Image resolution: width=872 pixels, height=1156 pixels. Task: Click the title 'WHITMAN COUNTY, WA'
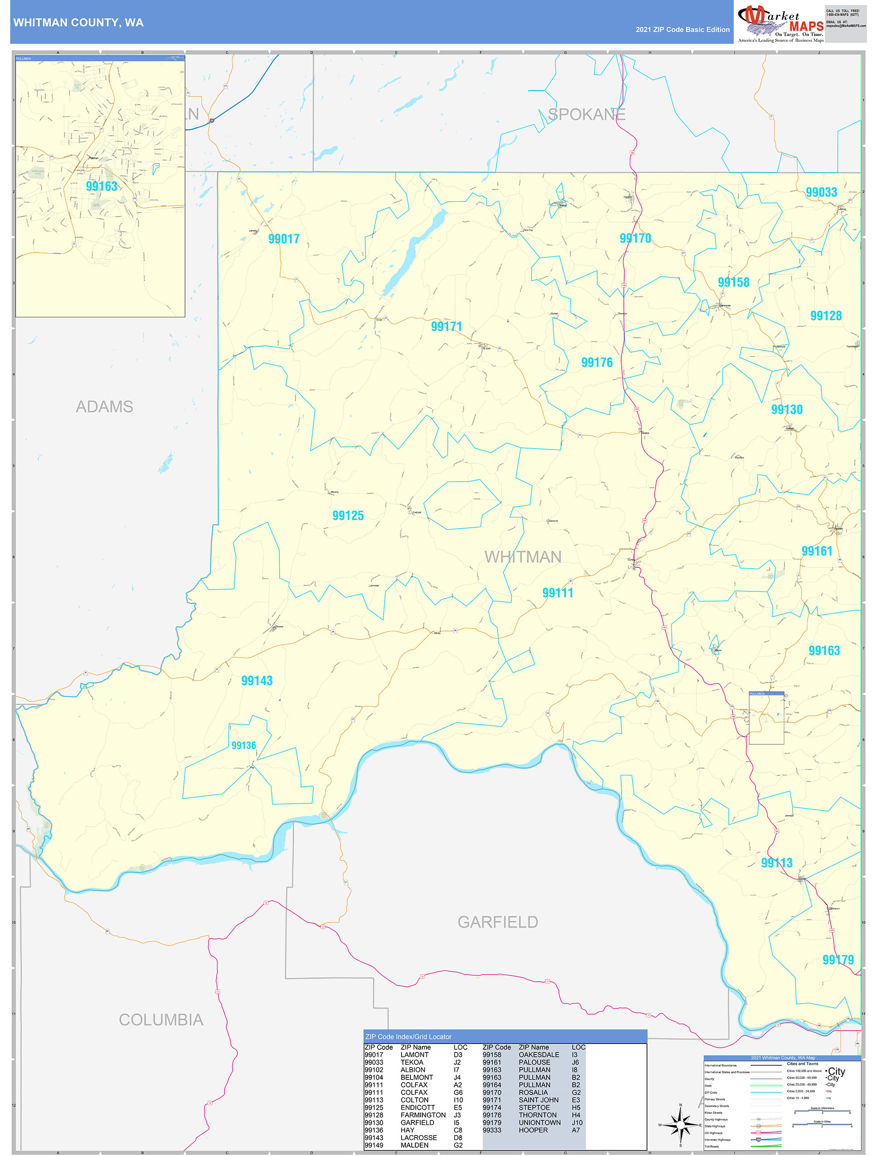[78, 23]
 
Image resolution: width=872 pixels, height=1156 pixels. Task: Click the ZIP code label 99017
[284, 239]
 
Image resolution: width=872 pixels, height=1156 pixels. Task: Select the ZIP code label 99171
[446, 327]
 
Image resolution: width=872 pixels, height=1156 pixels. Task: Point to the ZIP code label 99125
[348, 516]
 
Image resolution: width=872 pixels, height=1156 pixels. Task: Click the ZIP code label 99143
[257, 680]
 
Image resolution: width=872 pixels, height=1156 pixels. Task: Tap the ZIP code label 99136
[244, 745]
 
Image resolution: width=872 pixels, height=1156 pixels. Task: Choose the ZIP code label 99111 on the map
[558, 593]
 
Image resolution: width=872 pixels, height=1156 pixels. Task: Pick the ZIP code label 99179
[838, 959]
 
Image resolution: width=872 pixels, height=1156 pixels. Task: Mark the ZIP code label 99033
[821, 193]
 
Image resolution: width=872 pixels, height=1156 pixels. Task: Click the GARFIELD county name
[498, 922]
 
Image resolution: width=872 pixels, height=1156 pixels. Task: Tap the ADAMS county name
[104, 406]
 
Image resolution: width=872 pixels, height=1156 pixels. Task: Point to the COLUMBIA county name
[161, 1020]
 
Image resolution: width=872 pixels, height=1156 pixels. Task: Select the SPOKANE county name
[587, 114]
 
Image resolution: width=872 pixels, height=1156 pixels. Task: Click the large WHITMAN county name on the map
[523, 557]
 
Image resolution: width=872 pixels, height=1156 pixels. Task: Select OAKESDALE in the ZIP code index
[539, 1055]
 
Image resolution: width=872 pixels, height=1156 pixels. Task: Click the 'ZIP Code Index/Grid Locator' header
[408, 1037]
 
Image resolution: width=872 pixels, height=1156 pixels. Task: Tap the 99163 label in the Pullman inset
[101, 187]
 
